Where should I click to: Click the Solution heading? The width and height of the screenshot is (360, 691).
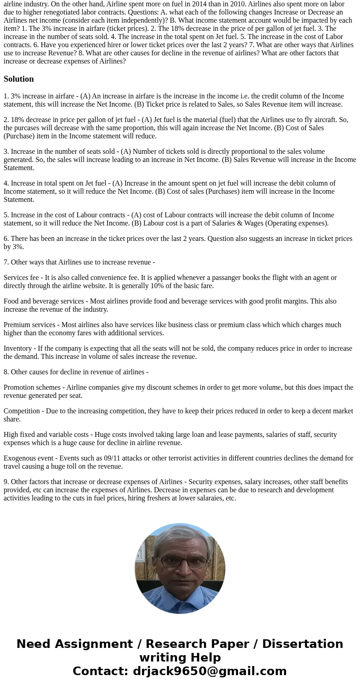tap(19, 79)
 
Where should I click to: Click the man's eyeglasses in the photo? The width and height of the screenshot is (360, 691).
tap(180, 562)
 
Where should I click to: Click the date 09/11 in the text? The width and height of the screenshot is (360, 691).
tap(96, 458)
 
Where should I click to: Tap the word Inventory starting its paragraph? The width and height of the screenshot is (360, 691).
tap(19, 348)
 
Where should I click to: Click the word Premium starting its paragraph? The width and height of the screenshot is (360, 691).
tap(18, 325)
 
